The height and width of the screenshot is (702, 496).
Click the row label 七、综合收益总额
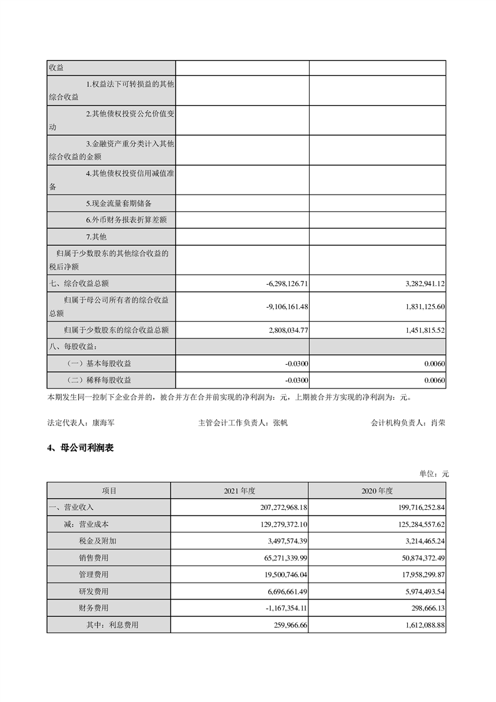coord(79,283)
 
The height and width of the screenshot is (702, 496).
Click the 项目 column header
coord(109,491)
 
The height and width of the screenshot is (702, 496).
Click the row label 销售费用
coord(94,557)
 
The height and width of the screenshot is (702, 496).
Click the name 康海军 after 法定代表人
coord(103,422)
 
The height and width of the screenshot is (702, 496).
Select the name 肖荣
coord(438,422)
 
